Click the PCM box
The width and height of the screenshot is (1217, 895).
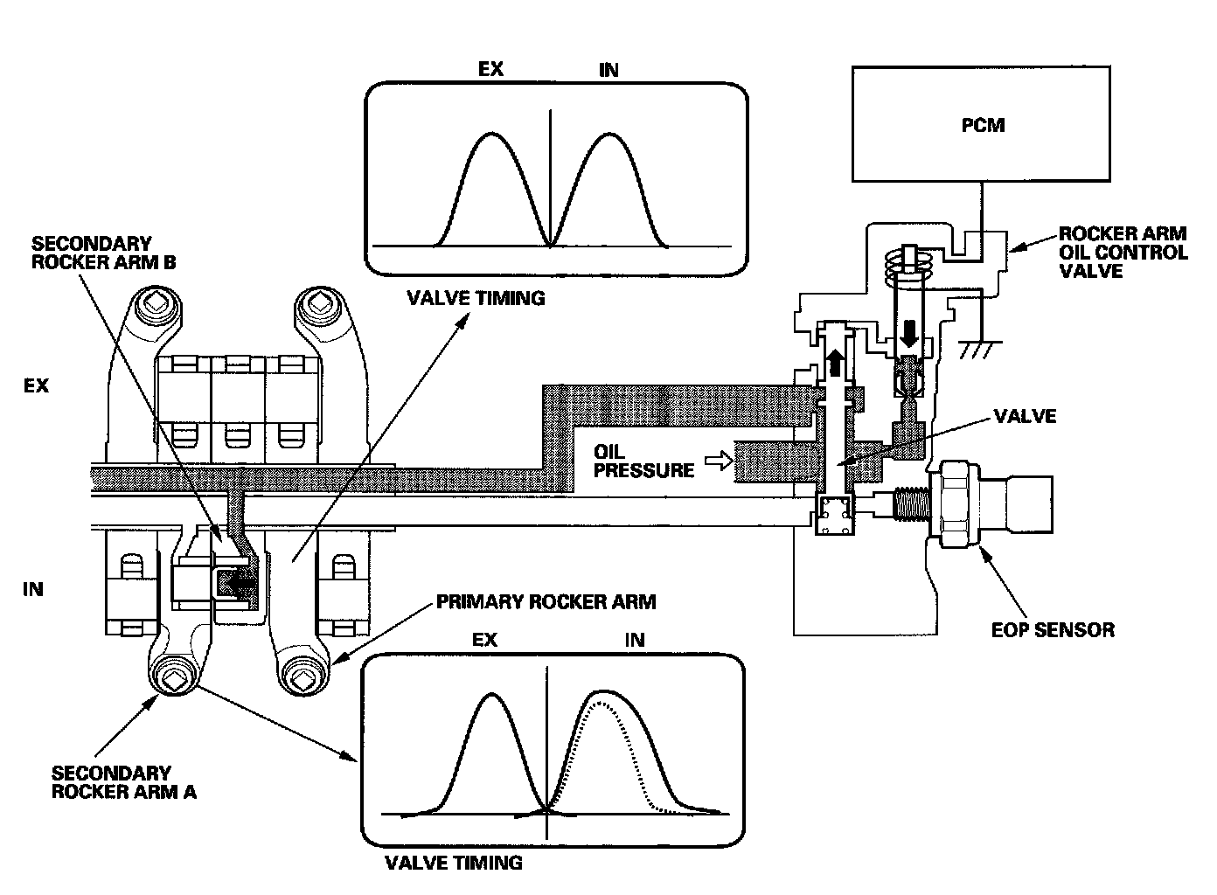pos(983,124)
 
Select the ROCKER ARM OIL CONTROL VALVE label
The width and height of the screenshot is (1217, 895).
pos(1123,252)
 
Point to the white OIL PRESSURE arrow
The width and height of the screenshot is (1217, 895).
pos(718,461)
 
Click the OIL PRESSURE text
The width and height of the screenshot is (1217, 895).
pos(643,461)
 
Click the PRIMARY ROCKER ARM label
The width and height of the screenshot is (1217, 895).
pos(546,602)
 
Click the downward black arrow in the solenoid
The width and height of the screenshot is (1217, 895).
pos(910,333)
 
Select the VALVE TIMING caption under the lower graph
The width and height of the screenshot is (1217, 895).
pos(454,863)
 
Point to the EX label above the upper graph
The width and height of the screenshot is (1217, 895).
pos(490,68)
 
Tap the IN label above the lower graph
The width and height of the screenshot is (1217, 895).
pos(635,640)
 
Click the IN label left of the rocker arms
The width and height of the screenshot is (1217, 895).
pos(33,589)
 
